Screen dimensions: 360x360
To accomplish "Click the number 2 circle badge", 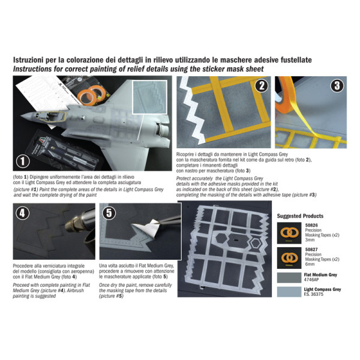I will tap(260, 86).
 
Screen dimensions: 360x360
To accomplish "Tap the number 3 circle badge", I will tap(337, 86).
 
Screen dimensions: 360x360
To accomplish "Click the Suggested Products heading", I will tap(300, 216).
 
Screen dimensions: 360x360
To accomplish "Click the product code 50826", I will tap(313, 227).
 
